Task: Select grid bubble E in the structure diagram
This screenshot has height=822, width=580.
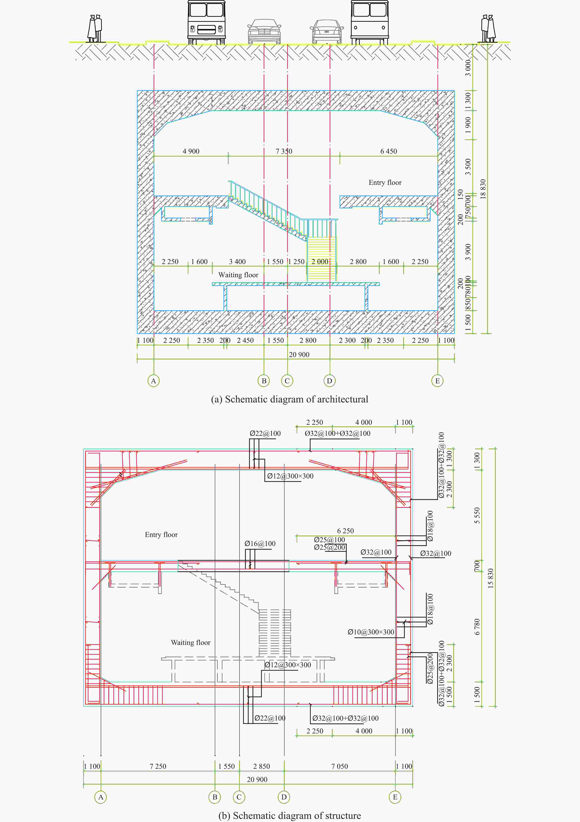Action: [x=395, y=797]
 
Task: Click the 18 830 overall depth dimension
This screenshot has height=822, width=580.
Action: [x=483, y=189]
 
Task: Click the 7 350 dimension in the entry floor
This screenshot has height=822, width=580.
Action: [x=284, y=151]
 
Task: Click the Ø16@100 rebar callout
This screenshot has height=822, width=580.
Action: [x=260, y=543]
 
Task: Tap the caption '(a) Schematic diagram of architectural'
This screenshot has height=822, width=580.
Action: [x=290, y=399]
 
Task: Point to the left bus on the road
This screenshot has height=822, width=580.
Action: [x=207, y=22]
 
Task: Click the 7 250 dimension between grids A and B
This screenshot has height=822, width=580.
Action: [x=158, y=766]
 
